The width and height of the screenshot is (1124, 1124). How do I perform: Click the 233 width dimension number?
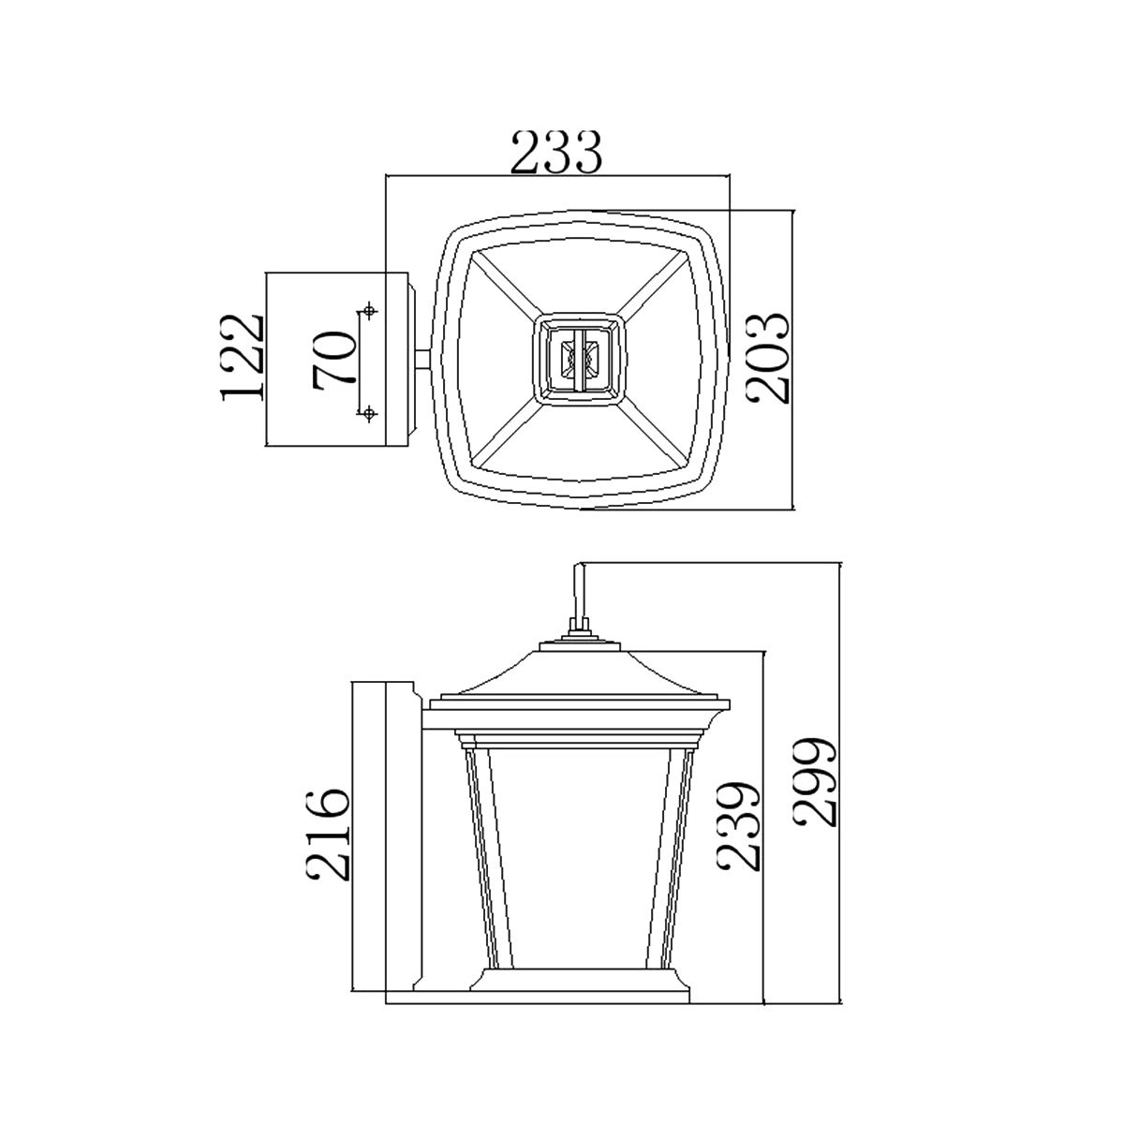pos(555,153)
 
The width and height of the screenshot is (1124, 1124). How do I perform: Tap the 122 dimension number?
pos(243,358)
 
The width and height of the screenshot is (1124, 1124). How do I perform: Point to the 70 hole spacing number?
pos(335,358)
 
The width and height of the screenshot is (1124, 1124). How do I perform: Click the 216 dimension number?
pos(328,834)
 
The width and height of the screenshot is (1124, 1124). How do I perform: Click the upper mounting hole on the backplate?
pos(370,310)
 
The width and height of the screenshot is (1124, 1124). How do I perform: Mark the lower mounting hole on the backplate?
pos(370,412)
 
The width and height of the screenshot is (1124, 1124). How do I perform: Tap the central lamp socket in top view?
pos(578,359)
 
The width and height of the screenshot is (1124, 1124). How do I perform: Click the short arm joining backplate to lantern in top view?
pos(423,359)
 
